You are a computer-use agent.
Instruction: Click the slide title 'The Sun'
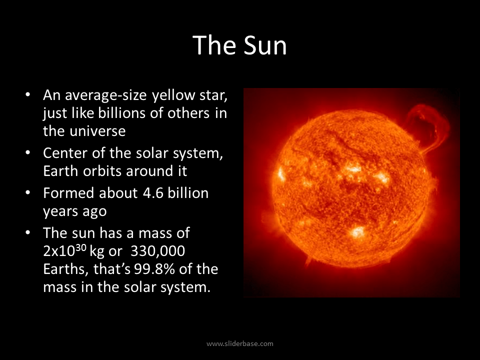tap(240, 45)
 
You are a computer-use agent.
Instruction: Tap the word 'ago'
tap(94, 211)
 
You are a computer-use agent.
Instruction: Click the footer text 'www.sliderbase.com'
tap(240, 343)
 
